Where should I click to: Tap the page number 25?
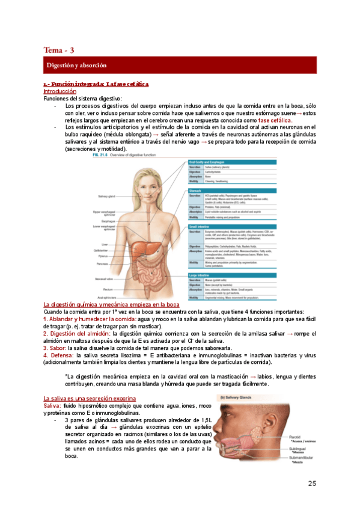coord(311,484)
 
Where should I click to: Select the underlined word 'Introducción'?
coord(59,91)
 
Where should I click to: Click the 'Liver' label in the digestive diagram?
coord(105,245)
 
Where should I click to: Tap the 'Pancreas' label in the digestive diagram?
coord(103,263)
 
